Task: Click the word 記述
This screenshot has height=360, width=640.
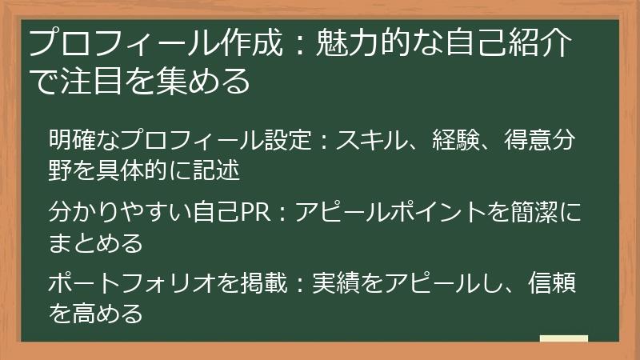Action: coord(218,170)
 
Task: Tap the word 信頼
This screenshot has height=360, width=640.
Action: coord(553,283)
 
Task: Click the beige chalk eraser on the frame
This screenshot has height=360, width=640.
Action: coord(564,338)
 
